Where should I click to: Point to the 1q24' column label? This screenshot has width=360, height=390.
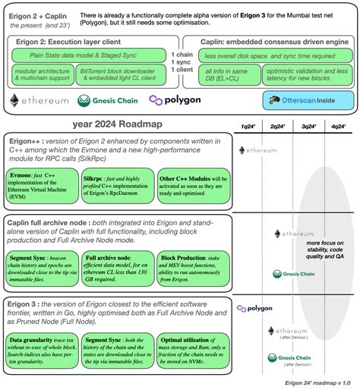(x=248, y=126)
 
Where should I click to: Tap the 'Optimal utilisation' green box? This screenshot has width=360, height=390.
(x=188, y=350)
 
